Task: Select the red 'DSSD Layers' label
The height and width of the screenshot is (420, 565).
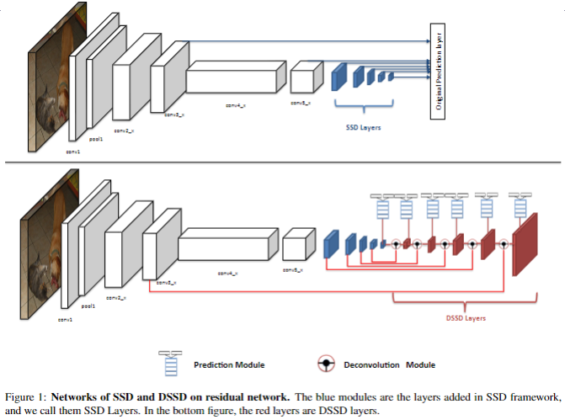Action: pos(466,318)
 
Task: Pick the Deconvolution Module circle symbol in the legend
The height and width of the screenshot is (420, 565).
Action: pos(325,364)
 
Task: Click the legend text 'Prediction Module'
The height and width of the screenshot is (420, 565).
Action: pos(229,364)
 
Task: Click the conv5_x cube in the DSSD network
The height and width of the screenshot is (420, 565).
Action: pos(295,247)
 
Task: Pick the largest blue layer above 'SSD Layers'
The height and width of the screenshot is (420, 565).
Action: pos(340,75)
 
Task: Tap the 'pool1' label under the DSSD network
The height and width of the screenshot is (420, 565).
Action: pos(87,308)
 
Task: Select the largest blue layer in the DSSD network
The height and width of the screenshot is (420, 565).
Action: pos(331,244)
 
